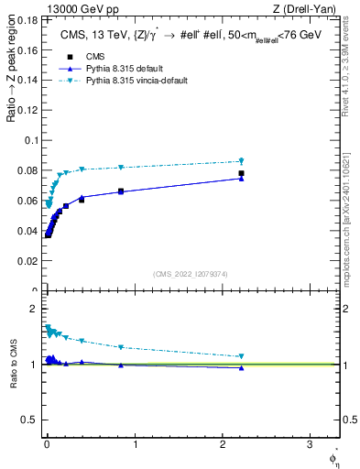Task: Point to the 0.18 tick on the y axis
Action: (x=27, y=19)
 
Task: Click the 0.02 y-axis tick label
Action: (x=27, y=261)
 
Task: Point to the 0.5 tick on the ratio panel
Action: (x=31, y=420)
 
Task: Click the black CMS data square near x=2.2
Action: (x=241, y=173)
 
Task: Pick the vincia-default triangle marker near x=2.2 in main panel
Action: (x=241, y=161)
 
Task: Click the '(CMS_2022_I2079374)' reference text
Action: (x=190, y=273)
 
